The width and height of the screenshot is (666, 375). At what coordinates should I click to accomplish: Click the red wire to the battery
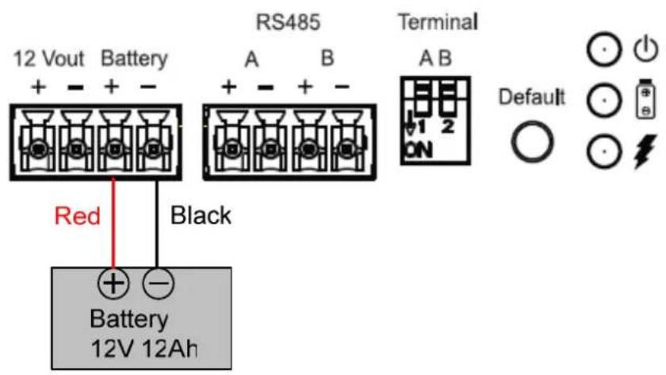tap(113, 224)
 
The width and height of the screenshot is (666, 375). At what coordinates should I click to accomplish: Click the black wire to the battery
tap(157, 224)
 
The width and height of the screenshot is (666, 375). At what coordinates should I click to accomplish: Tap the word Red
tap(78, 216)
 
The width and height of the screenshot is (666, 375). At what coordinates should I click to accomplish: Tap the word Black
tap(201, 216)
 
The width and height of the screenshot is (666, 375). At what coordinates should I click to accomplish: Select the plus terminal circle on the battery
tap(113, 283)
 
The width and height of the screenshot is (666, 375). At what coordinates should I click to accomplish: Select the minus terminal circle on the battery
tap(158, 283)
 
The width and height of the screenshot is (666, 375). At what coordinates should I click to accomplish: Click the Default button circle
tap(532, 141)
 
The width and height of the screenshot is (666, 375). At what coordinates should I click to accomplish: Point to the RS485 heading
tap(288, 22)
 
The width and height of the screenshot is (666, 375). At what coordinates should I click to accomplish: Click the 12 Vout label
tap(49, 59)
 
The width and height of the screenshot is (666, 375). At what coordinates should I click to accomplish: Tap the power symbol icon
tap(646, 49)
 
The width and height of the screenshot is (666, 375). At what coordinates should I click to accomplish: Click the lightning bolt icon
tap(645, 151)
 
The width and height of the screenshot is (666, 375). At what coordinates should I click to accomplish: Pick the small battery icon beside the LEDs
tap(645, 98)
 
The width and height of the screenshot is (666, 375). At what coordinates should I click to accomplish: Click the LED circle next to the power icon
tap(604, 49)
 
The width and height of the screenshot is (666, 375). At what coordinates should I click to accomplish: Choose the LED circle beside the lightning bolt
tap(604, 151)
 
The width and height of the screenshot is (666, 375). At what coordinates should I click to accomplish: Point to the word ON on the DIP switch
tap(419, 150)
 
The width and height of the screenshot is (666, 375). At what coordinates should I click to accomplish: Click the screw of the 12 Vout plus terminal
tap(38, 150)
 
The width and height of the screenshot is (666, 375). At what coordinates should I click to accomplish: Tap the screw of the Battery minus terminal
tap(153, 150)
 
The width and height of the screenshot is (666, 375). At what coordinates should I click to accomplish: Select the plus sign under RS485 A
tap(229, 87)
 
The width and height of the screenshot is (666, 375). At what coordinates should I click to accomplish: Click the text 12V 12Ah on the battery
tap(144, 349)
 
